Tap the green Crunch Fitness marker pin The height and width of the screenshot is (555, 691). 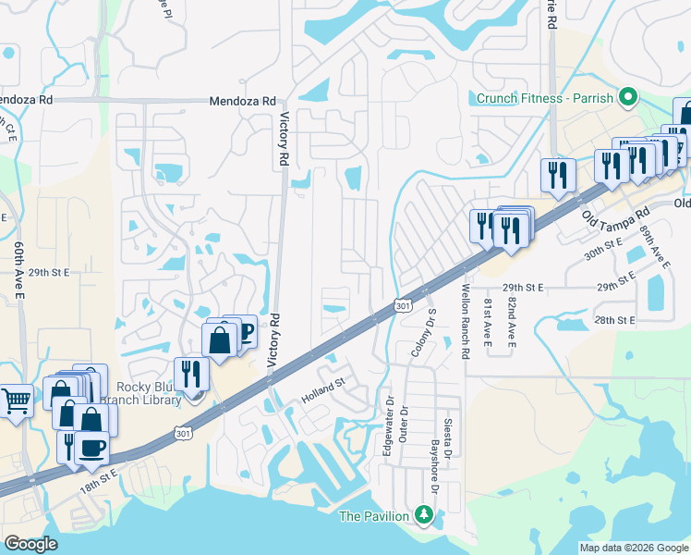coord(627,96)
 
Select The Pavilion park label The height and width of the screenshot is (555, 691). coord(375,515)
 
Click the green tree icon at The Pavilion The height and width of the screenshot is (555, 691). coord(424,513)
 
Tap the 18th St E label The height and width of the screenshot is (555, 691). coord(98,480)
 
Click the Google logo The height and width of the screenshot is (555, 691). coord(30,544)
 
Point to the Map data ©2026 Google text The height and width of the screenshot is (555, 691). coord(633,548)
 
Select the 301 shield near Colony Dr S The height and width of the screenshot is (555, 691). coord(402,305)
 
